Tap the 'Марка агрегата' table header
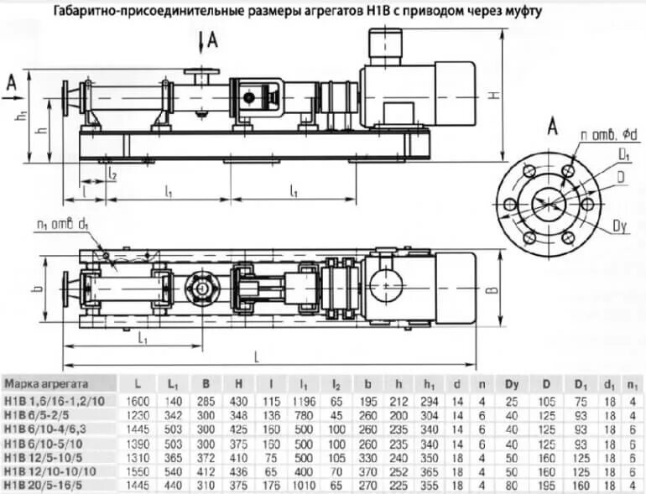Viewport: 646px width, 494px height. click(49, 383)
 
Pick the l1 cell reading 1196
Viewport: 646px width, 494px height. click(303, 402)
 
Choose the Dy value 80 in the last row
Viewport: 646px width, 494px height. click(511, 484)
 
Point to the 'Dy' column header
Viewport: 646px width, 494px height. click(511, 383)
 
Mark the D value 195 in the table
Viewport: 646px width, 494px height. click(546, 484)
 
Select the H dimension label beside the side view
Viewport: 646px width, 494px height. click(496, 94)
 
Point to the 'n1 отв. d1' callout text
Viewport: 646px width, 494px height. click(64, 224)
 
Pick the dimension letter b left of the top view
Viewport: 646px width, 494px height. click(35, 290)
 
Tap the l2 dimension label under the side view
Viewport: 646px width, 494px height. click(112, 174)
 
